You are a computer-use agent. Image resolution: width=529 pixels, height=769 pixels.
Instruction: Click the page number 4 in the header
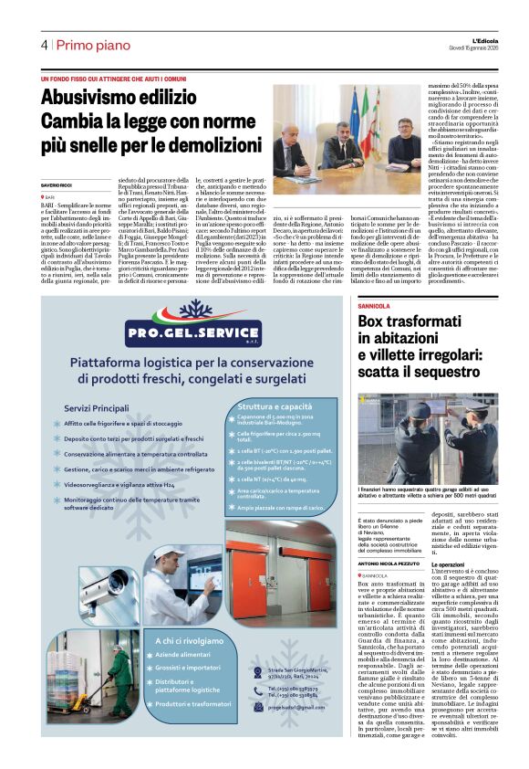pyautogui.click(x=44, y=45)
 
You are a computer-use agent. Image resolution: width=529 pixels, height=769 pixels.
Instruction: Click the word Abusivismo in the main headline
pyautogui.click(x=92, y=98)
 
